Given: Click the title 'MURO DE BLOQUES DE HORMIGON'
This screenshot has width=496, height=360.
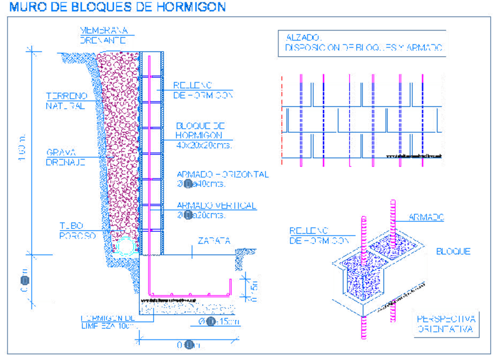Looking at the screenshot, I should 117,8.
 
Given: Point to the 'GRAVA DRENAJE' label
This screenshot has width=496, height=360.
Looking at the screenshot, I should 66,157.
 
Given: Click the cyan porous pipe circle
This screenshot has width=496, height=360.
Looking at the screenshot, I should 125,246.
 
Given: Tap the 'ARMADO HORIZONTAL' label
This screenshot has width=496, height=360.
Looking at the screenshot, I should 222,174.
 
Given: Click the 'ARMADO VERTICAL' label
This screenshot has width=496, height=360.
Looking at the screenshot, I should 216,205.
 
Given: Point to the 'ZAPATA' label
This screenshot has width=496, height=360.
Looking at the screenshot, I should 213,241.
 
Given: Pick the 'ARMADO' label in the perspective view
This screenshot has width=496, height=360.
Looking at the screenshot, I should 426,217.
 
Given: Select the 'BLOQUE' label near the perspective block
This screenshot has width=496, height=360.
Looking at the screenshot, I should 453,252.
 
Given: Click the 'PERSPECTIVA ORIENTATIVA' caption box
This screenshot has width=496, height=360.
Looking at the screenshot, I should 446,324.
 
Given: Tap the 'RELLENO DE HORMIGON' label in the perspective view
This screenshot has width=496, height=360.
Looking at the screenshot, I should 318,235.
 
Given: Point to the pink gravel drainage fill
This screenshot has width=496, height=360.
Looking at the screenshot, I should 120,146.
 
